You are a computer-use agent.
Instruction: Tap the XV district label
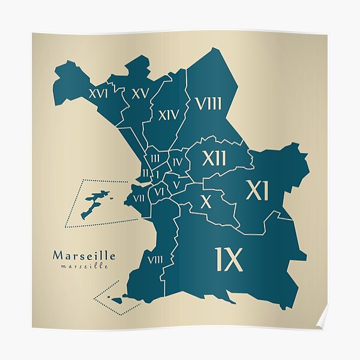tap(139, 94)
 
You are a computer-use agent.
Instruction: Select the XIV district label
tap(169, 115)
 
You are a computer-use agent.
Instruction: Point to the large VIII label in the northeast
tap(208, 104)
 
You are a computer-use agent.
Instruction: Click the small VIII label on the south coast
tap(154, 260)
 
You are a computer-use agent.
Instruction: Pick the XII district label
tap(214, 159)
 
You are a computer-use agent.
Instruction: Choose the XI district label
tap(257, 191)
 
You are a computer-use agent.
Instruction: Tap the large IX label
tap(229, 260)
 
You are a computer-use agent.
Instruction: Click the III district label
tap(155, 158)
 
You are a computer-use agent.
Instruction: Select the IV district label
tap(177, 162)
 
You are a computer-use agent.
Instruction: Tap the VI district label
tap(159, 192)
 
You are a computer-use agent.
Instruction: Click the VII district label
tap(139, 199)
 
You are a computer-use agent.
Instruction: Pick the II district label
tap(145, 173)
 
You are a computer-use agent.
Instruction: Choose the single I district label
tap(157, 175)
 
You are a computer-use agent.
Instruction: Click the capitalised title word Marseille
tap(84, 256)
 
